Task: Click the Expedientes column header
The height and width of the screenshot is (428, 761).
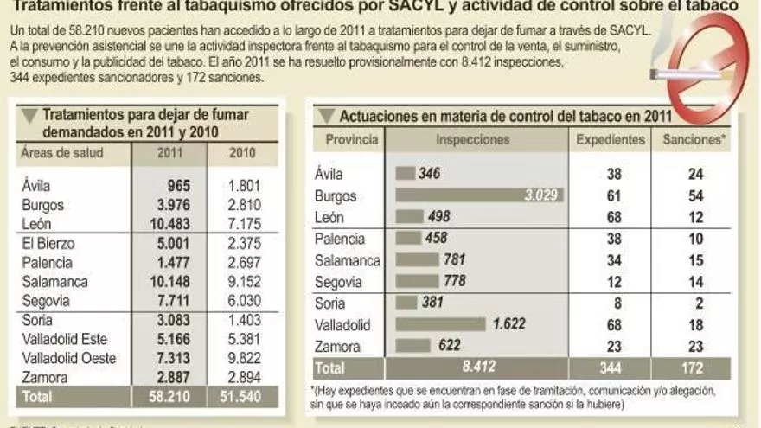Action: (611, 139)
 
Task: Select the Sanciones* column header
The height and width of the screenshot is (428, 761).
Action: (694, 139)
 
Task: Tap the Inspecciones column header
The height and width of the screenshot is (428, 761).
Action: (473, 139)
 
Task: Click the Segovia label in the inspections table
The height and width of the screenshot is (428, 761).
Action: (341, 281)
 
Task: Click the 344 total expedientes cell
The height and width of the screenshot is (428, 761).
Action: (611, 368)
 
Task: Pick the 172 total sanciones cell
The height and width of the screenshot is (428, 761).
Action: (694, 368)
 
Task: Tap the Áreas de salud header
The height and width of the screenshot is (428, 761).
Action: (61, 153)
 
